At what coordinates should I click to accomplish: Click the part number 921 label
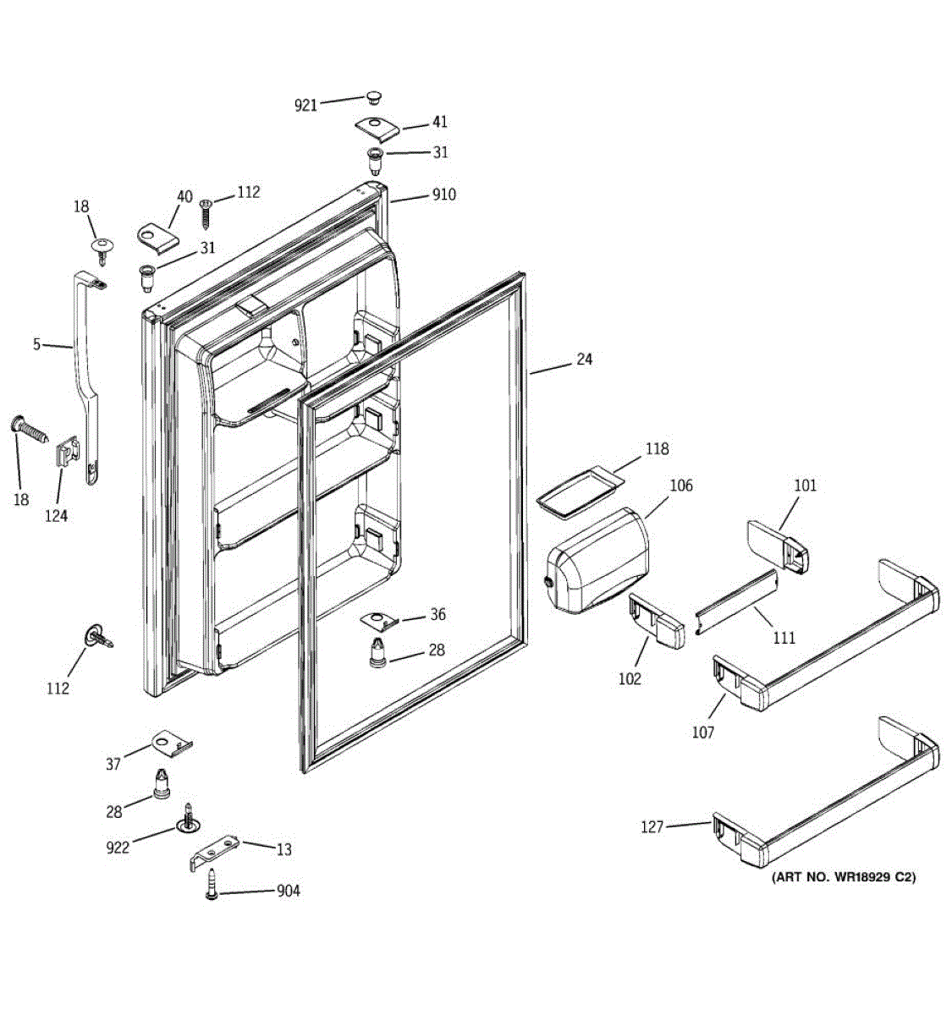[305, 105]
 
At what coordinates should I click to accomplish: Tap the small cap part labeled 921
[373, 96]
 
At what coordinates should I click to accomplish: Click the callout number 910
[443, 195]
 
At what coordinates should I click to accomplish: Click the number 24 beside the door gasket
[584, 359]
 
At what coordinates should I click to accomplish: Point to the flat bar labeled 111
[735, 602]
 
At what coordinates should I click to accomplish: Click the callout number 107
[703, 732]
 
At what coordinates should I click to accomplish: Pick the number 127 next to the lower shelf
[652, 827]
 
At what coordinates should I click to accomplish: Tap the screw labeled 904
[211, 886]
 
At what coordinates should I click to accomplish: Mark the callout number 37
[113, 765]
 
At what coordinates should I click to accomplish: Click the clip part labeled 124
[68, 456]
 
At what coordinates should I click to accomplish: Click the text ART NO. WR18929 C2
[843, 877]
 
